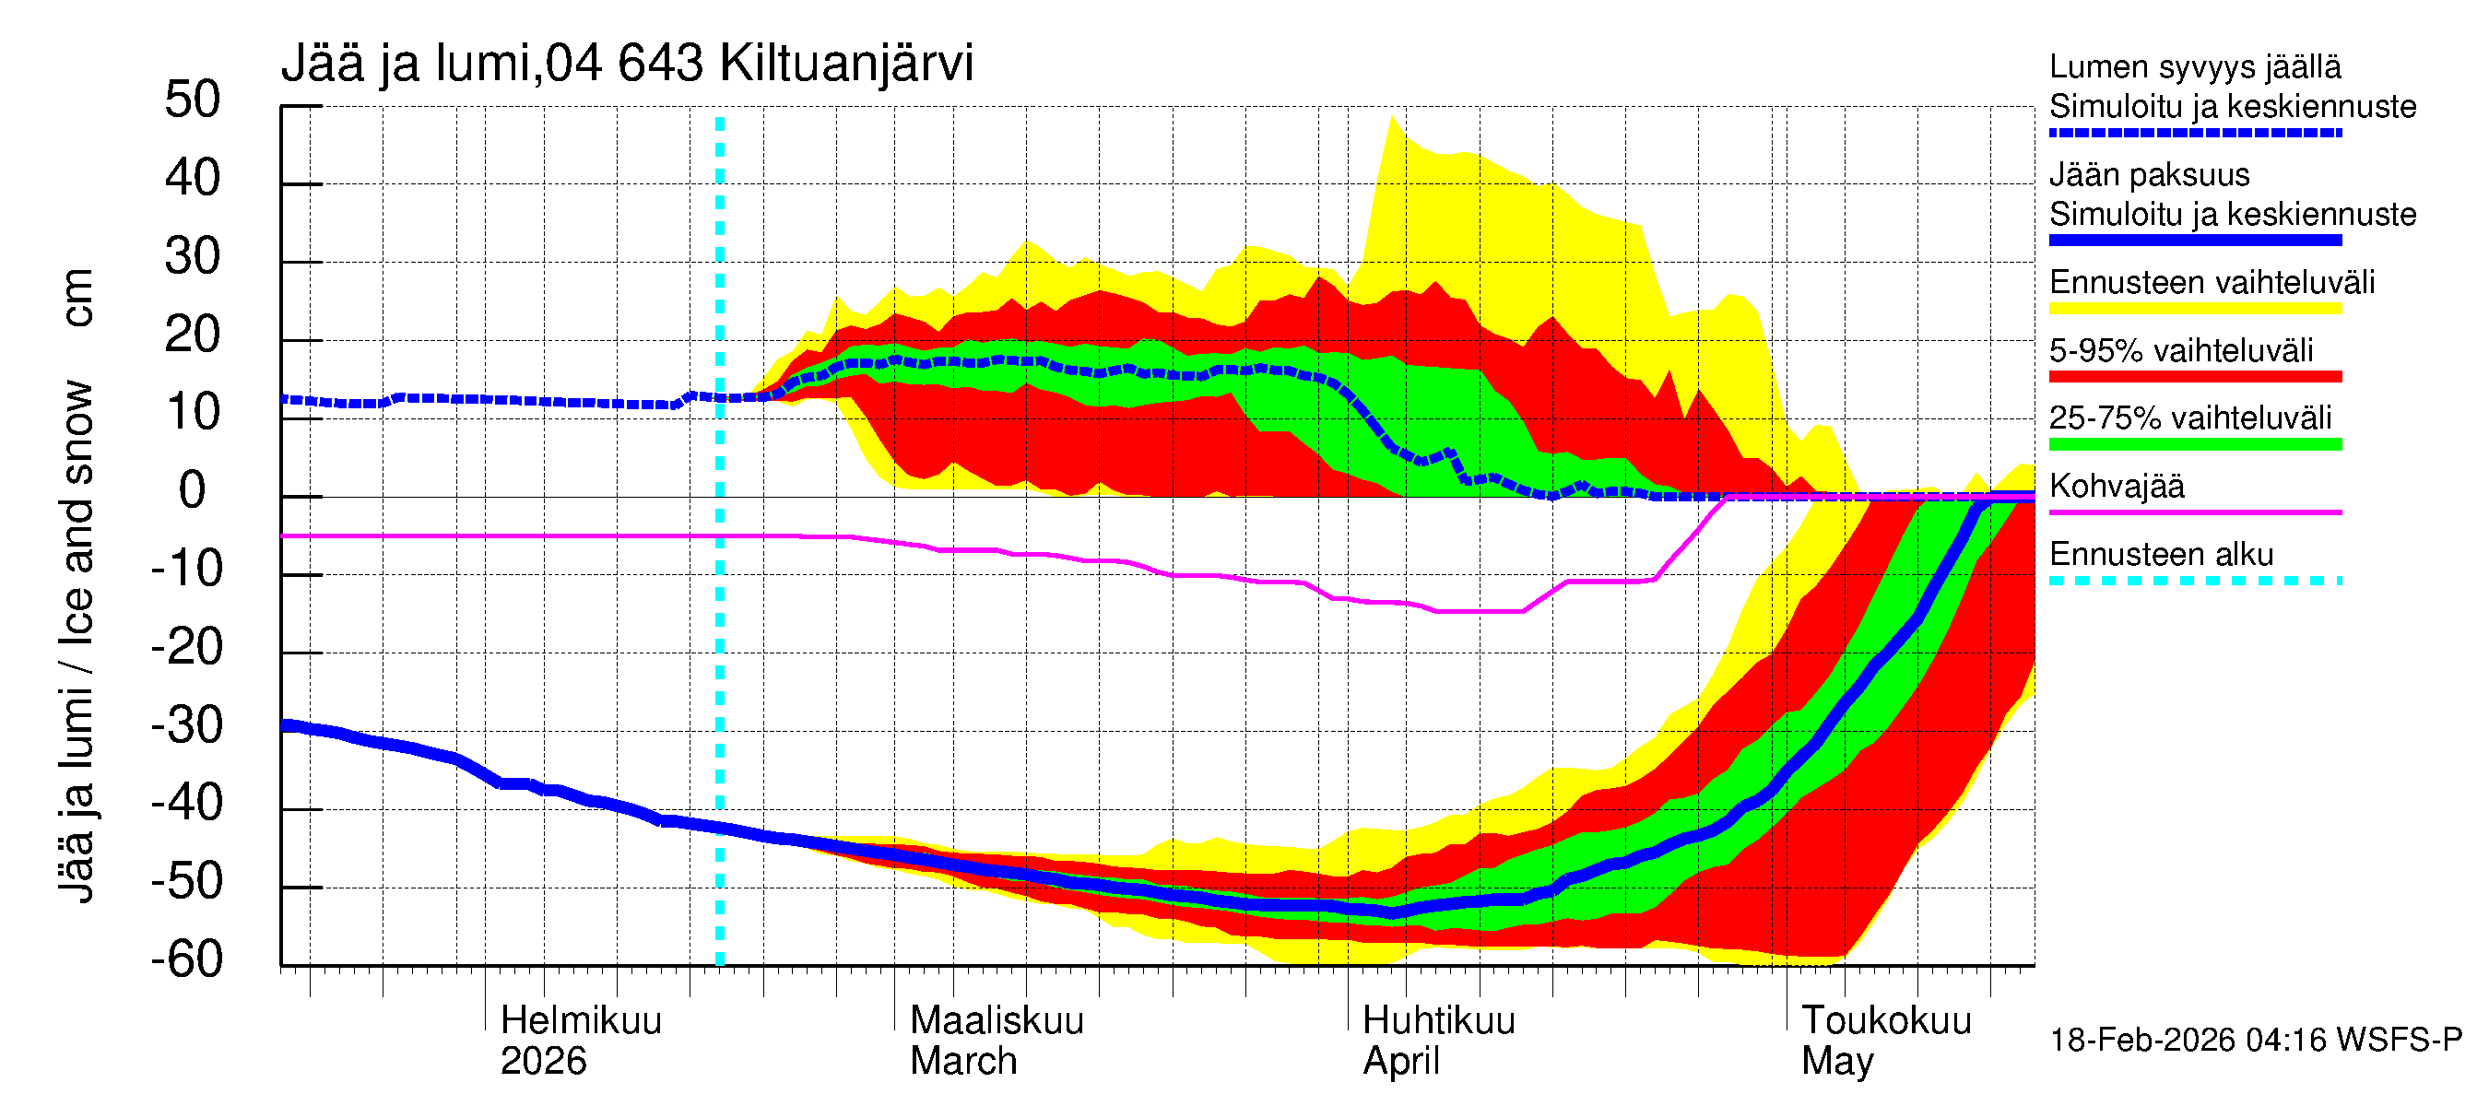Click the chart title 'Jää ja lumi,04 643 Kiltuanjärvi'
pos(627,64)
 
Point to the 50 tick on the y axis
pos(193,100)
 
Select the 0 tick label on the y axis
pos(193,491)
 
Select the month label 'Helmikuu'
pos(581,1021)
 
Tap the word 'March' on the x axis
pos(963,1062)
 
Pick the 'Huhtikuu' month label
pos(1438,1021)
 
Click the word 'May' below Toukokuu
pos(1837,1062)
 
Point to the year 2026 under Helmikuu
pos(543,1062)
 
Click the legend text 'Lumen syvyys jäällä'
pos(2194,67)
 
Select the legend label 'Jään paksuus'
pos(2149,175)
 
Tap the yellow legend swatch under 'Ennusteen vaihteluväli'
pos(2194,309)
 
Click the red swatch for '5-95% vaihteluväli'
pos(2194,377)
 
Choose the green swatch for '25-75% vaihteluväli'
pos(2194,444)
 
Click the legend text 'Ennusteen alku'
pos(2161,556)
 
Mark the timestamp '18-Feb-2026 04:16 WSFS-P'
pos(2255,1041)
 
